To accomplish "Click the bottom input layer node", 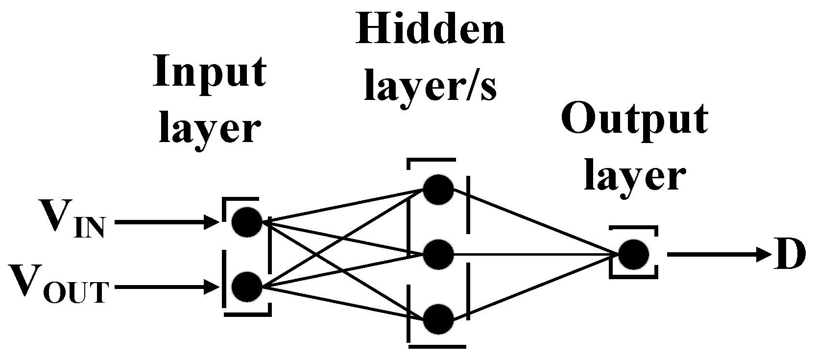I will tap(247, 287).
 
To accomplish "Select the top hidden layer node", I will tap(438, 190).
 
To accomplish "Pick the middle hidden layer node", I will tap(438, 255).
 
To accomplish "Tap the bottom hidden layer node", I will tap(438, 319).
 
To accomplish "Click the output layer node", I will tap(633, 255).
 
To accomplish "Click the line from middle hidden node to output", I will tap(534, 255).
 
